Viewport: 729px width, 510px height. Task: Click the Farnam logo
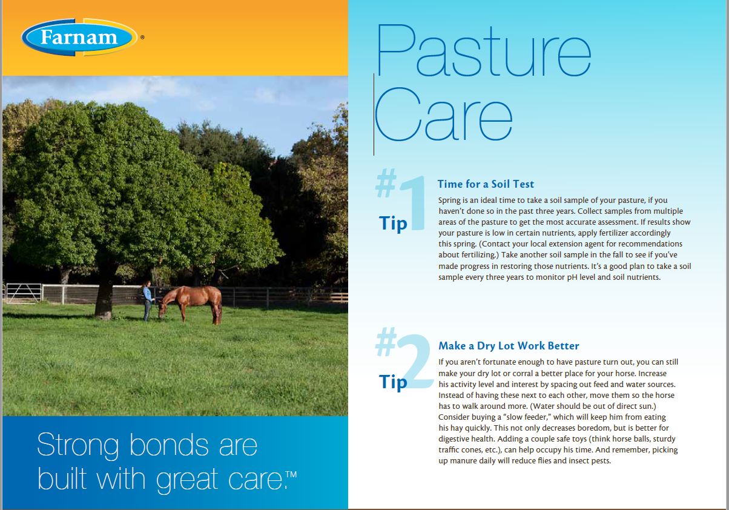click(79, 37)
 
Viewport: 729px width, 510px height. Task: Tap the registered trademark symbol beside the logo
click(142, 37)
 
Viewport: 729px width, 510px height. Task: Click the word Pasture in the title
click(484, 50)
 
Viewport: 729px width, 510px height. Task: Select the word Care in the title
click(444, 114)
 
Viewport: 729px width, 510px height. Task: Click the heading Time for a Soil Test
click(486, 184)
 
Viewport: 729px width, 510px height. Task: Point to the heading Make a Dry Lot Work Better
click(509, 346)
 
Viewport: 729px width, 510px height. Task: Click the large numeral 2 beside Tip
click(415, 361)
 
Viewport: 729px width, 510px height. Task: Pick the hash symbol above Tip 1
click(386, 183)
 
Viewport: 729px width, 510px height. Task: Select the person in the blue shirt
click(147, 300)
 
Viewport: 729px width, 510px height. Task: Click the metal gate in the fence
click(24, 293)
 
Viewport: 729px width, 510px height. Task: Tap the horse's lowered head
click(162, 310)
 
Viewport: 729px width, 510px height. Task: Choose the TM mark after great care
click(291, 474)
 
